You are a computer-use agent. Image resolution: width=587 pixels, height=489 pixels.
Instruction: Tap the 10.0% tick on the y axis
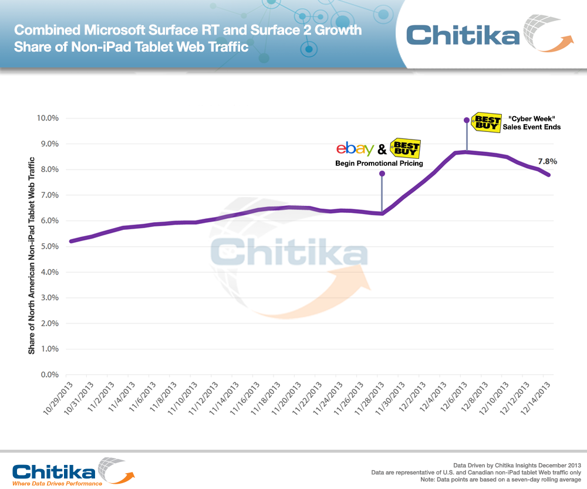point(46,118)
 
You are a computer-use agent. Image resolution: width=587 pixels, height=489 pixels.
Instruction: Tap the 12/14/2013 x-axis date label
point(536,397)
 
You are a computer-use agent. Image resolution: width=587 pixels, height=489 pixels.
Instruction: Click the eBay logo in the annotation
point(355,149)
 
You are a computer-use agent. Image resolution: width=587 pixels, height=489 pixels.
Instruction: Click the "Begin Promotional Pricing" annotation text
point(379,163)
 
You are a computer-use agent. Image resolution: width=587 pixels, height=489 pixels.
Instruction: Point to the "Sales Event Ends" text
point(531,127)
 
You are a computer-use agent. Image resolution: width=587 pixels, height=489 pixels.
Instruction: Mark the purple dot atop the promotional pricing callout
point(382,174)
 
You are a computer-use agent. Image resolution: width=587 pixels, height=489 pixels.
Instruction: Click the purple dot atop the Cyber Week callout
point(467,120)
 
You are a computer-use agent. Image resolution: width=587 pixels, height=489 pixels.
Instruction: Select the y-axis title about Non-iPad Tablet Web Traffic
point(32,255)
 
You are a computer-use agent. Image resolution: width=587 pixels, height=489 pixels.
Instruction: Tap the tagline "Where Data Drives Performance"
point(58,483)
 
